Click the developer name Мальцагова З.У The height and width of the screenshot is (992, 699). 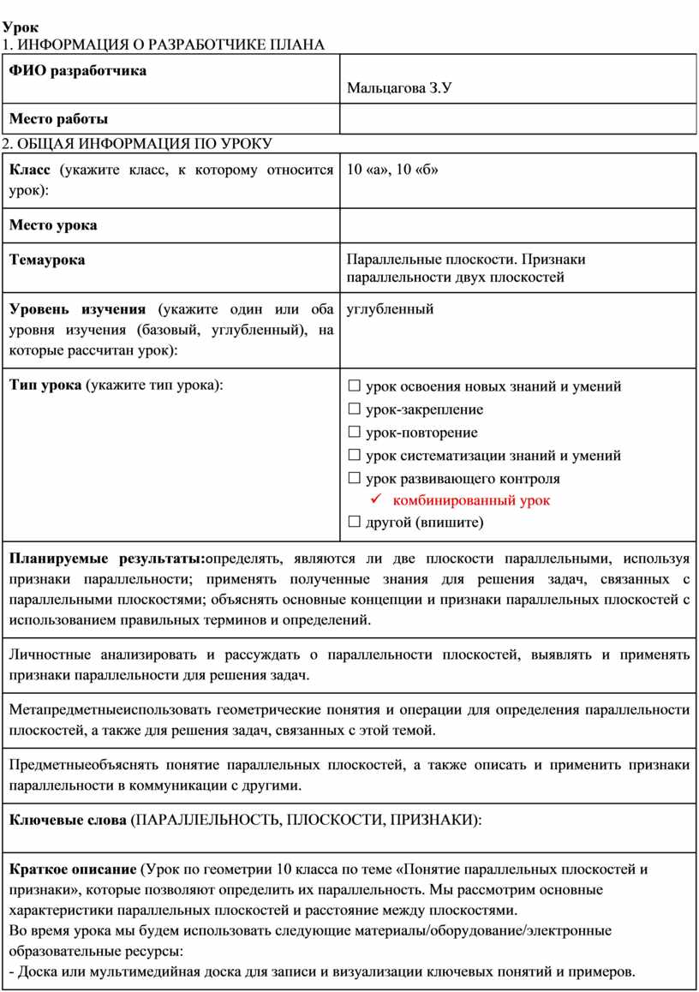[x=398, y=88]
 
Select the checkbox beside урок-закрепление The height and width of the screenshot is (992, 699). [x=355, y=409]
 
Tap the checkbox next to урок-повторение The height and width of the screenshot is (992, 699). [x=355, y=433]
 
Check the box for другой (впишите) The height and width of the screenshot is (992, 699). [x=355, y=522]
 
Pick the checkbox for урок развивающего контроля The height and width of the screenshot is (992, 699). [x=355, y=479]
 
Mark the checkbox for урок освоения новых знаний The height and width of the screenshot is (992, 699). [x=355, y=386]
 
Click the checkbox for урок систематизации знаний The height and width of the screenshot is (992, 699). [x=355, y=456]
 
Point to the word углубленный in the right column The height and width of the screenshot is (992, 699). [x=390, y=309]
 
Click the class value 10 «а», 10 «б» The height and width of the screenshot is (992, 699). [x=392, y=170]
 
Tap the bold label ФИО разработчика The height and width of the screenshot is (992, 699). [x=77, y=70]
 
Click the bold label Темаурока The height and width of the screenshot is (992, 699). [x=47, y=260]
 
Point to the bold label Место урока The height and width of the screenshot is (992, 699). [x=53, y=225]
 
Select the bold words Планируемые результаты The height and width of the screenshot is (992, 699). [x=106, y=559]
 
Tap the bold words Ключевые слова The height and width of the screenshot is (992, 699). [x=67, y=820]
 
